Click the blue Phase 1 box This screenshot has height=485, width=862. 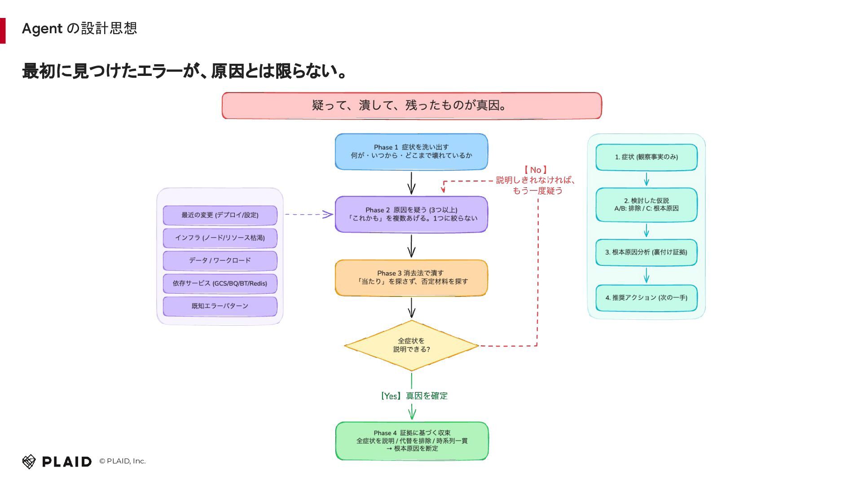click(x=411, y=152)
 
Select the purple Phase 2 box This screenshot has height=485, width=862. click(x=411, y=214)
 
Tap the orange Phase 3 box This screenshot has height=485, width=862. click(x=411, y=278)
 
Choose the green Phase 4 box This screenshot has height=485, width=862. click(x=412, y=441)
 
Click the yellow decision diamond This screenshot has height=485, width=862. click(x=411, y=345)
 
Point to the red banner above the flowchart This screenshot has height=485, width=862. click(x=412, y=106)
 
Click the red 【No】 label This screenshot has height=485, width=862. click(x=536, y=170)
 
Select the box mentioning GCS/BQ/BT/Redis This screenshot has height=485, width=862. click(x=220, y=283)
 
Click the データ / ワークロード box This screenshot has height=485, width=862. click(x=220, y=260)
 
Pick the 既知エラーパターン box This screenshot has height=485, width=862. click(x=220, y=306)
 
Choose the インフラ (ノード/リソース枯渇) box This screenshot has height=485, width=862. click(x=220, y=238)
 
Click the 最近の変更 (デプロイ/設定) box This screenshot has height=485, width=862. click(x=220, y=215)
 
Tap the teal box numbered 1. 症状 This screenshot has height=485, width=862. click(x=646, y=157)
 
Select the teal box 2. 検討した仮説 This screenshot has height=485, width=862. click(x=646, y=205)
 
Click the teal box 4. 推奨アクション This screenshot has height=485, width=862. click(x=646, y=298)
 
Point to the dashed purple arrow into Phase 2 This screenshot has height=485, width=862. click(x=309, y=214)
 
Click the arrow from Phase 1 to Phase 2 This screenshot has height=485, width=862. click(x=411, y=183)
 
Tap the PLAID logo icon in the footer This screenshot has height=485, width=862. click(x=29, y=461)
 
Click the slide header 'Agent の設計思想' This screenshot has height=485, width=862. click(x=79, y=28)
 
